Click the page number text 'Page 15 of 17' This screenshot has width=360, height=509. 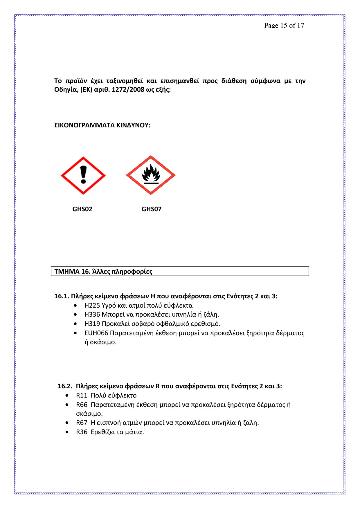point(284,26)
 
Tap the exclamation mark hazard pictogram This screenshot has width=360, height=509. point(83,175)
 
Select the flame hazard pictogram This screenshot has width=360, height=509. point(151,175)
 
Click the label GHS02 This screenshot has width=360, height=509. point(82,209)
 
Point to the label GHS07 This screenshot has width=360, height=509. point(152,209)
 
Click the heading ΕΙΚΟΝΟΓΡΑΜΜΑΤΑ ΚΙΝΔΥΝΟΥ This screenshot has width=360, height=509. point(102,125)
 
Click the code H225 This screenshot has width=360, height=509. point(92,306)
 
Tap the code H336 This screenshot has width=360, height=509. point(92,315)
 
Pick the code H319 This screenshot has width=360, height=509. point(92,324)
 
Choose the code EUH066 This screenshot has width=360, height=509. point(96,333)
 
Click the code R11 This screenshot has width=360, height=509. point(82,396)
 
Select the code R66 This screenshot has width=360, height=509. point(82,405)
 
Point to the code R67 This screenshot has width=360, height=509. point(82,423)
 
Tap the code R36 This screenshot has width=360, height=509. point(82,432)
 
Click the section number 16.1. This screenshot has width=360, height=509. point(61,296)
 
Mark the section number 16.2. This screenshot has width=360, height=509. point(65,386)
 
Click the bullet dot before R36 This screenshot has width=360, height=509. point(67,432)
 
